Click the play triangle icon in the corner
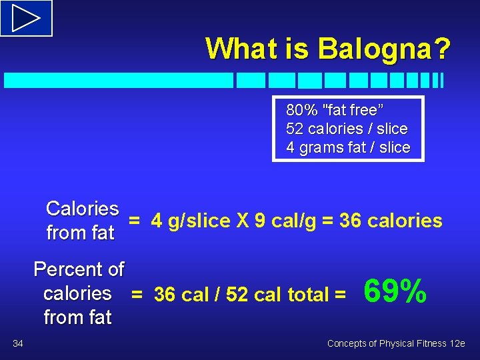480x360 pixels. [x=26, y=17]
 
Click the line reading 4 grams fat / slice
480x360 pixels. [x=348, y=147]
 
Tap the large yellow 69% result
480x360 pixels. [x=395, y=291]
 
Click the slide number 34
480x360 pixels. [x=18, y=343]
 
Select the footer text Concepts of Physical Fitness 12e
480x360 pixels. [x=396, y=343]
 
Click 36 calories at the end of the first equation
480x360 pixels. [x=391, y=221]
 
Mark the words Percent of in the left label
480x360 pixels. [x=79, y=269]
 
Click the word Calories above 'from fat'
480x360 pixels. [x=83, y=209]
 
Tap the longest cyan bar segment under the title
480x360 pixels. [x=119, y=81]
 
